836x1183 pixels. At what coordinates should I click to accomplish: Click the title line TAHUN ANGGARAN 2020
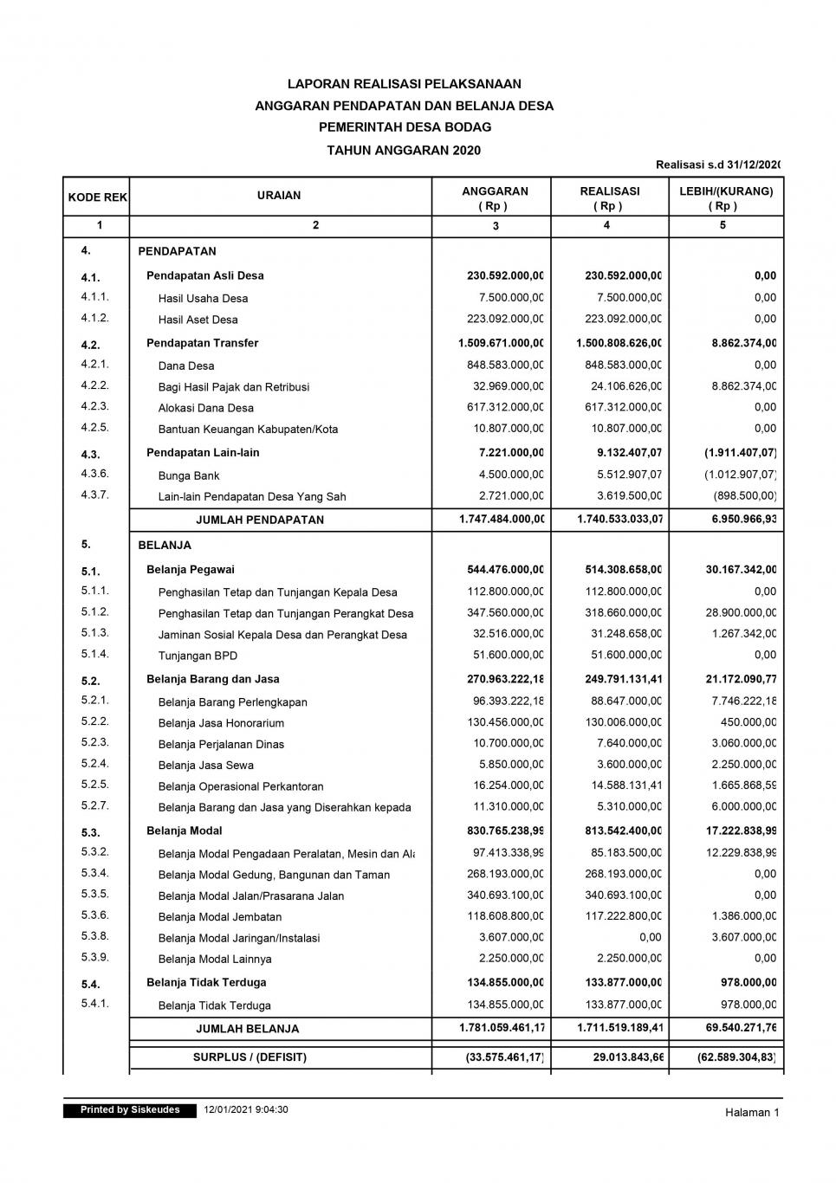(404, 150)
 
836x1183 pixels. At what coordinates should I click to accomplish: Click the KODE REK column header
(97, 197)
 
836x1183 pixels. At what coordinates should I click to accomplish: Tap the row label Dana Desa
(186, 366)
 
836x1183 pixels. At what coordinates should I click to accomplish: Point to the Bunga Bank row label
(189, 475)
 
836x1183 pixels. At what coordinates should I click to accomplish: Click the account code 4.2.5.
(94, 428)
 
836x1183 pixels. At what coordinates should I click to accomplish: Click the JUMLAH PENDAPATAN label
(260, 520)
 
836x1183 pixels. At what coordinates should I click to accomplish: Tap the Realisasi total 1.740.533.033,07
(619, 519)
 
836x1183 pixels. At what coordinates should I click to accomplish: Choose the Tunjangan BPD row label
(198, 656)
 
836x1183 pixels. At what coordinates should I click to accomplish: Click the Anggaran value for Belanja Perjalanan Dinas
(505, 744)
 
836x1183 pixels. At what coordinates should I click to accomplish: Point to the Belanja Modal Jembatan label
(220, 917)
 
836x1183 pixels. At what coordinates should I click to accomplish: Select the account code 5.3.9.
(94, 958)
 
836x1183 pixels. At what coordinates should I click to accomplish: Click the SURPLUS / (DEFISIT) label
(250, 1057)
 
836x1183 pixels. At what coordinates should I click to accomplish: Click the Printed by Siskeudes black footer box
(130, 1110)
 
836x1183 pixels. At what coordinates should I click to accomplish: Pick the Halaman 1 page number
(752, 1113)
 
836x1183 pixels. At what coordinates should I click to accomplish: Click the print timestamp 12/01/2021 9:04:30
(246, 1110)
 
